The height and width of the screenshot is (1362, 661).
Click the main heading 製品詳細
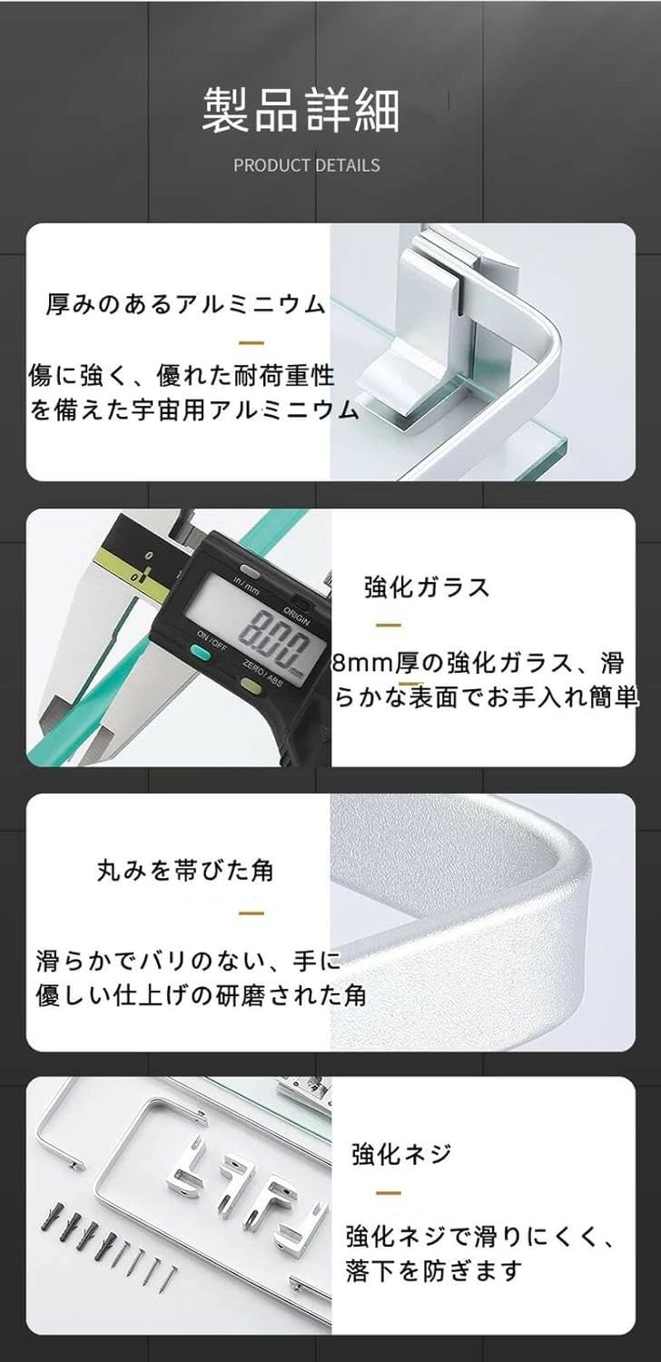click(x=301, y=110)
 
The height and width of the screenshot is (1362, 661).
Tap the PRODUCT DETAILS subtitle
click(x=307, y=165)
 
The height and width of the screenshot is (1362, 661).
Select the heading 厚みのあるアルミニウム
click(x=185, y=303)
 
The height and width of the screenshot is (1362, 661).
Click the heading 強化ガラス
click(x=427, y=587)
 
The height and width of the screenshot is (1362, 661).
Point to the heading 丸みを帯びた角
click(x=185, y=871)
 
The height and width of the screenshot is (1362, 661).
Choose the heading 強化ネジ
click(x=401, y=1153)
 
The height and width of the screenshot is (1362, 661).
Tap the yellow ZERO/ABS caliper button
click(x=250, y=686)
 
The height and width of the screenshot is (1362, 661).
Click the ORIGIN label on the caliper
click(x=297, y=616)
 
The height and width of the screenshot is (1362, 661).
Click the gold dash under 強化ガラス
click(x=389, y=625)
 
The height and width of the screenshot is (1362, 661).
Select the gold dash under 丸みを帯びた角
click(x=252, y=913)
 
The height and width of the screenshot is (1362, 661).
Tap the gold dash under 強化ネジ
click(x=389, y=1193)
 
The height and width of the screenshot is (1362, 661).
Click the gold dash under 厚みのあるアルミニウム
click(x=252, y=343)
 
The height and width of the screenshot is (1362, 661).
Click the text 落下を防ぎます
click(x=434, y=1270)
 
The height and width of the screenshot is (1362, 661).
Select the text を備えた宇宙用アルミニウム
click(x=194, y=410)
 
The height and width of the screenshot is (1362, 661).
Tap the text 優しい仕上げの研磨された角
click(x=201, y=995)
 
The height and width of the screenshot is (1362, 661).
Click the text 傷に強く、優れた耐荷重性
click(x=182, y=376)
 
